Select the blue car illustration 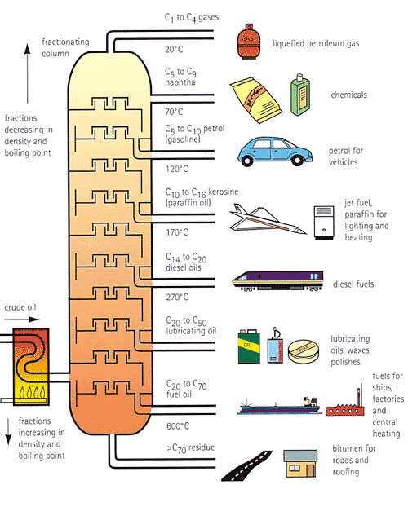[x=272, y=151]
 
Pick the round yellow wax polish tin [x=304, y=350]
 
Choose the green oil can [x=248, y=346]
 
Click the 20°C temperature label [x=175, y=48]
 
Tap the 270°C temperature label [x=177, y=298]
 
